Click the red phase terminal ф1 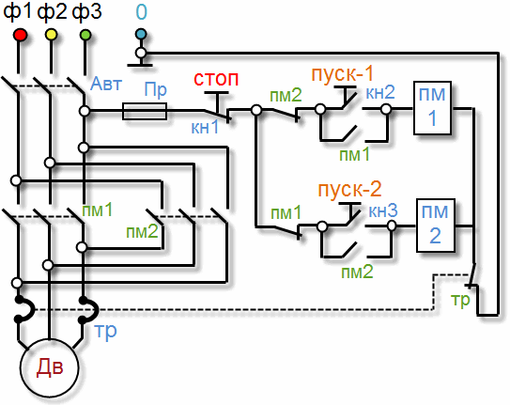click(20, 35)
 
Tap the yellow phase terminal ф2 click(52, 35)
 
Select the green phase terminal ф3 click(85, 35)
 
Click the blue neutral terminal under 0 click(141, 34)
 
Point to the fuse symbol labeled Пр click(145, 111)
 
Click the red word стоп click(216, 79)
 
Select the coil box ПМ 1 click(432, 108)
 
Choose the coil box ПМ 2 click(436, 226)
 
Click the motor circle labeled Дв click(50, 367)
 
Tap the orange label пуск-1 click(343, 74)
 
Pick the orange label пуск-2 click(349, 190)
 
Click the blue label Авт click(106, 84)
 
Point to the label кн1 click(205, 127)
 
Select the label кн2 click(380, 92)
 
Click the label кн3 click(383, 211)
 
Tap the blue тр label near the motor click(105, 332)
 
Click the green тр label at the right click(460, 300)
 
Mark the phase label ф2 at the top click(52, 12)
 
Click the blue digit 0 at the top click(142, 12)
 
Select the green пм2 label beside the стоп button click(286, 95)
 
